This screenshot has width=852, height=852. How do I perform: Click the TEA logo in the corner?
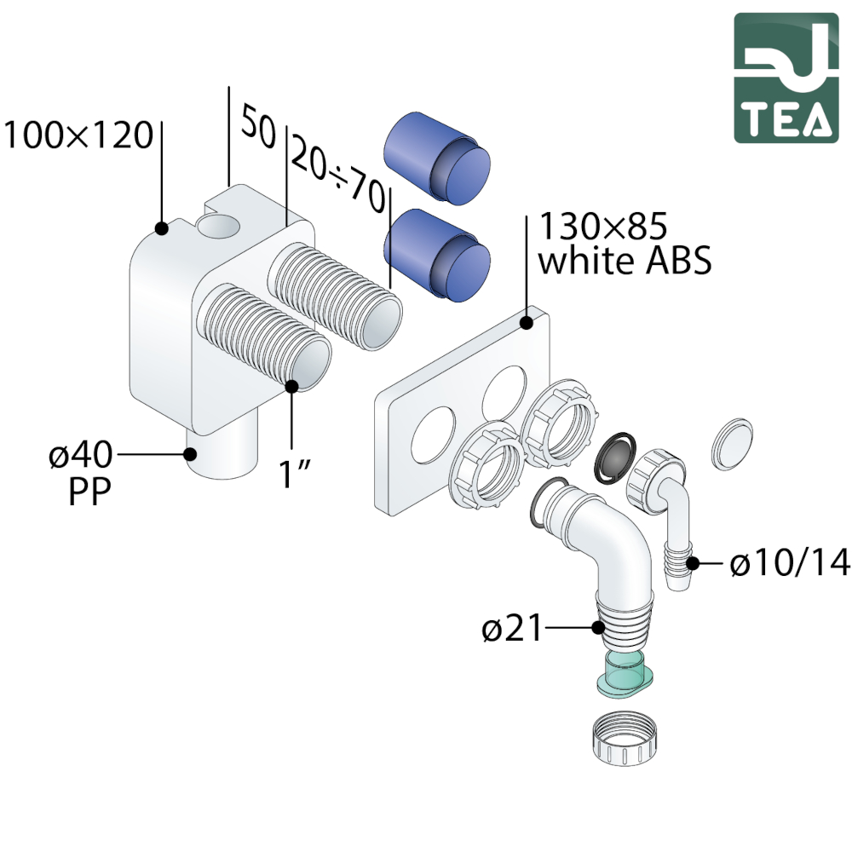coord(786,78)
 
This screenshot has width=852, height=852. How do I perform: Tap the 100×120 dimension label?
coord(78,135)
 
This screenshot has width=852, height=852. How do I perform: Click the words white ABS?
coord(625,262)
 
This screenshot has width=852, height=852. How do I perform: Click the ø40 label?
coord(80,457)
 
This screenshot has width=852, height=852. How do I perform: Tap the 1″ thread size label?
coord(293,475)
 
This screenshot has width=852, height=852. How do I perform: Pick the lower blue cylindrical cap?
coord(436,255)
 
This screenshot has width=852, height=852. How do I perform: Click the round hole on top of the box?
coord(219,227)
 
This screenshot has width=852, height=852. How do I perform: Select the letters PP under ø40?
coord(89,493)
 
